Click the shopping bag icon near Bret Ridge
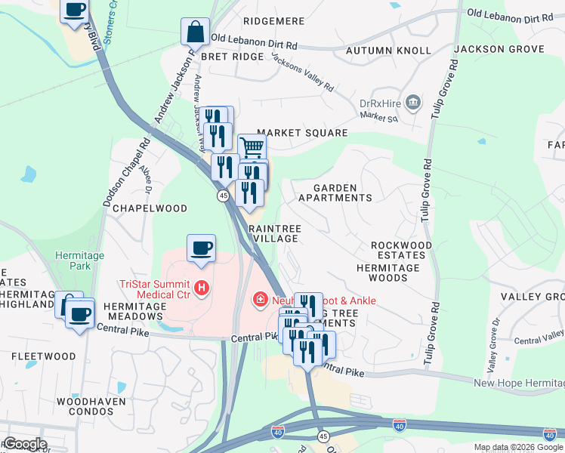(195, 32)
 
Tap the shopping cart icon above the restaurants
(252, 146)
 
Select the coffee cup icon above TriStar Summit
(201, 248)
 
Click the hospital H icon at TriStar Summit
(201, 288)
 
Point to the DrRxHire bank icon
(413, 102)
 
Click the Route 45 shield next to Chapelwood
(224, 196)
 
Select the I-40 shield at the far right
(549, 434)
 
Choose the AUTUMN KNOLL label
(388, 51)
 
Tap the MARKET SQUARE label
(302, 133)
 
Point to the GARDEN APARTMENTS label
(335, 192)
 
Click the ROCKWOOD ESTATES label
(401, 251)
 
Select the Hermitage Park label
(79, 261)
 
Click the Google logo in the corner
(25, 443)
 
